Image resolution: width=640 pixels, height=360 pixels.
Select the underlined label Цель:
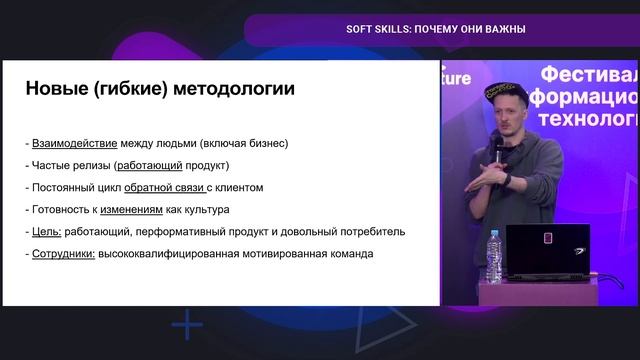point(48,231)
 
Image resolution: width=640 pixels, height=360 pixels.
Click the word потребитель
point(370,231)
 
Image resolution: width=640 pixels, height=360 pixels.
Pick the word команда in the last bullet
point(345,253)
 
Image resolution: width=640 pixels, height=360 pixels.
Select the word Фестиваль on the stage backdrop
point(585,75)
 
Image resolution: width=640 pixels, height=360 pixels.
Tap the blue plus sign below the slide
point(187,326)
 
